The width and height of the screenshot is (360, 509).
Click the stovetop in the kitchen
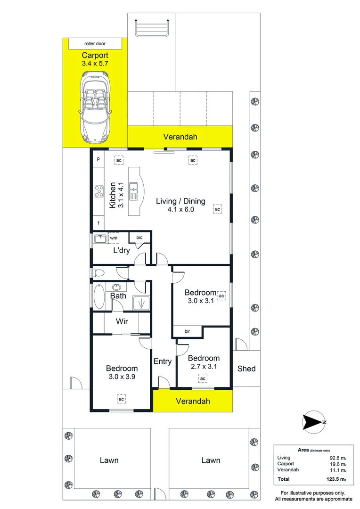pyautogui.click(x=100, y=191)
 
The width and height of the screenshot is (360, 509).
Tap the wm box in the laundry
pyautogui.click(x=114, y=238)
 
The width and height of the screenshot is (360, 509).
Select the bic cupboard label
pyautogui.click(x=139, y=238)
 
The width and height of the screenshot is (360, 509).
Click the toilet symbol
pyautogui.click(x=98, y=272)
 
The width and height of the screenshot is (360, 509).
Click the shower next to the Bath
pyautogui.click(x=140, y=303)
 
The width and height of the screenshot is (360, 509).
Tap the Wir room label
pyautogui.click(x=122, y=322)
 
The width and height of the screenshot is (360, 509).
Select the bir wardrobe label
pyautogui.click(x=187, y=332)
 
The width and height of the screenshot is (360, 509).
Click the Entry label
pyautogui.click(x=163, y=361)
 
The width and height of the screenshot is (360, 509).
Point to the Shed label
pyautogui.click(x=246, y=368)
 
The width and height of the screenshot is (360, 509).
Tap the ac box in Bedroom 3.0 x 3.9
pyautogui.click(x=121, y=399)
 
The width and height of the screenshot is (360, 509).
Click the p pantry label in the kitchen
pyautogui.click(x=98, y=159)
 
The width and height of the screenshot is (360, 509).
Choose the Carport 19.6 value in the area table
pyautogui.click(x=337, y=463)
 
